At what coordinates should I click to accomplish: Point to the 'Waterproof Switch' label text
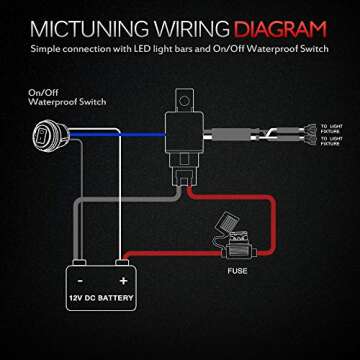click(x=51, y=103)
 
